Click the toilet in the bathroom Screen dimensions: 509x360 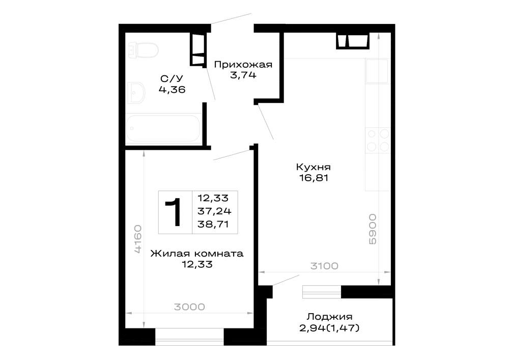coord(143,50)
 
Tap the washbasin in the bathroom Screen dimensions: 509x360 coord(136,93)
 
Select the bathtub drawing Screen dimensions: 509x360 coord(163,128)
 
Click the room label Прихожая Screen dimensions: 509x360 coord(243,65)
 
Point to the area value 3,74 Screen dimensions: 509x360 coord(243,75)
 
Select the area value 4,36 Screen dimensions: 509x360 coord(172,89)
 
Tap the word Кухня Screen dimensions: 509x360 coord(313,167)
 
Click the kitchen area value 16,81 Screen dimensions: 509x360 coord(314,178)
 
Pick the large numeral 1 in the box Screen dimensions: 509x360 coord(174,212)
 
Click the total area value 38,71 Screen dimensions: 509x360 coord(213,224)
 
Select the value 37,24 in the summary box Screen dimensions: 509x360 coord(214,211)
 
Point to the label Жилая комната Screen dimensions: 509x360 coord(196,254)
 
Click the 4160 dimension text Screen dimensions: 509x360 coord(138,239)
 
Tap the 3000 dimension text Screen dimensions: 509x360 coord(189,307)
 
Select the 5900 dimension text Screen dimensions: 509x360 coord(373,229)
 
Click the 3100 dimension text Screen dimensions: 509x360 coord(324,266)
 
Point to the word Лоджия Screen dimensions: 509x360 coord(329,317)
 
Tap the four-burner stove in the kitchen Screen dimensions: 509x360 coord(378,140)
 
